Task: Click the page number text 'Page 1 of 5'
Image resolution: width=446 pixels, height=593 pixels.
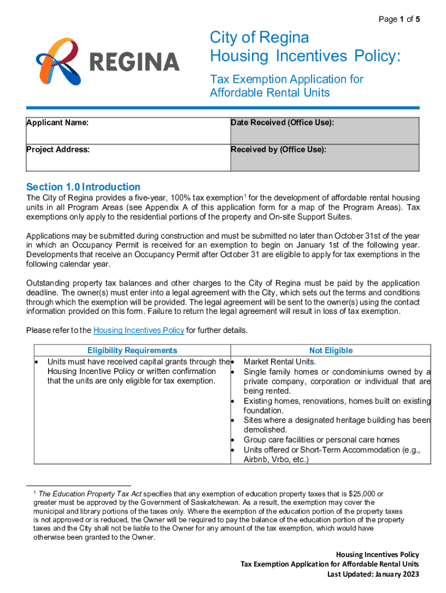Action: coord(399,20)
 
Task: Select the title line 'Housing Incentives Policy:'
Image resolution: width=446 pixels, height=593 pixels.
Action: coord(305,57)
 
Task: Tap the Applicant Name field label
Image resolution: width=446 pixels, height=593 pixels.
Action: coord(57,122)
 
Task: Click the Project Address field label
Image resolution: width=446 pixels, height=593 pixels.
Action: coord(58,149)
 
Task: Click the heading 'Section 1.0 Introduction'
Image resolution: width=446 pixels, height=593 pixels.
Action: coord(83,186)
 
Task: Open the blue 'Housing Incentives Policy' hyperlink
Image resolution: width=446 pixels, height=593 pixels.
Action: coord(138,331)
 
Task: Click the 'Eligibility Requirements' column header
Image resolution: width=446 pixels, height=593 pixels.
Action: coord(132,350)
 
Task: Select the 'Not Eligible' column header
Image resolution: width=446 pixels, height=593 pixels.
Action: coord(331,350)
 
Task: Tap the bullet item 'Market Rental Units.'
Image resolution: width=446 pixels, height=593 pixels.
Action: coord(280,361)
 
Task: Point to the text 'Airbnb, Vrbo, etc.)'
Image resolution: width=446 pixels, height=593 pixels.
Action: coord(276,460)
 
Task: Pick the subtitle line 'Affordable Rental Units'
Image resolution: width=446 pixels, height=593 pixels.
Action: coord(269,93)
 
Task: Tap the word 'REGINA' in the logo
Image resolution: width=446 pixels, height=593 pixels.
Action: coord(134,62)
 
